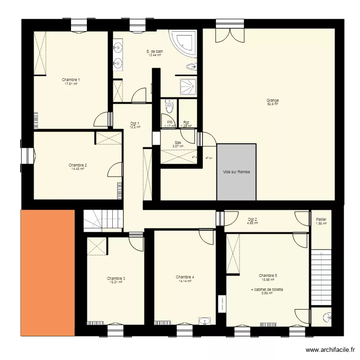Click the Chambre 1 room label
pos(71,80)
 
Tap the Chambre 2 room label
pos(77,165)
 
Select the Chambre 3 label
pos(116,278)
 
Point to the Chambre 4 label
pos(185,277)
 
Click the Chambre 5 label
pos(268,276)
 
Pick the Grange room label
pos(273,100)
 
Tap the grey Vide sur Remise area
pos(236,171)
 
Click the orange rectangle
pos(48,272)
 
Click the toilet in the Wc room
pos(169,107)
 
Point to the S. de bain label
pos(155,51)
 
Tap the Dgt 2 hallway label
pos(252,219)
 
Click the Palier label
pos(321,219)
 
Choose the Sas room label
pos(178,143)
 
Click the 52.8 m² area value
pos(273,104)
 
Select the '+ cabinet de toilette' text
pos(267,290)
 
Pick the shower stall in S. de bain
pos(188,87)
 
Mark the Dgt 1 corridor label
pos(135,123)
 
